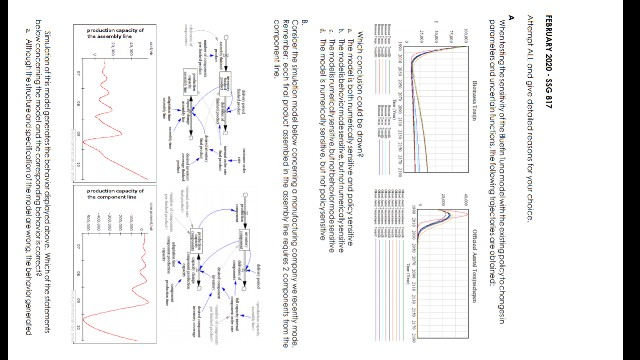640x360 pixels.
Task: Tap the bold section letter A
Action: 594,17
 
